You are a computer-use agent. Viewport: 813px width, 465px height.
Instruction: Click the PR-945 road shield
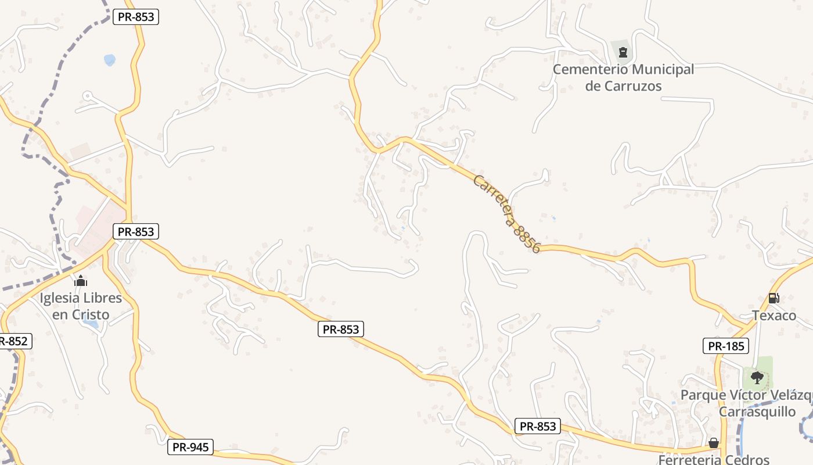[190, 447]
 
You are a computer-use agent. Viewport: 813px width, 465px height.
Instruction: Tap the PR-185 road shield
[726, 346]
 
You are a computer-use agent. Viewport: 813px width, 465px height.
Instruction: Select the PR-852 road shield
[13, 341]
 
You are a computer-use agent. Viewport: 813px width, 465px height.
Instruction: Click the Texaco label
[774, 316]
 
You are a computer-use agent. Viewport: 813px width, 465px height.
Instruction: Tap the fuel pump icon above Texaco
[774, 298]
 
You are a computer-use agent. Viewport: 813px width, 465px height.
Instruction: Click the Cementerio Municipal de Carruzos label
[623, 78]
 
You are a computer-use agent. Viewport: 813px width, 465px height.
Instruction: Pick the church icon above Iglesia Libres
[81, 281]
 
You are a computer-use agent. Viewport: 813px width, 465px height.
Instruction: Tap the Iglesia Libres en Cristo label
[81, 306]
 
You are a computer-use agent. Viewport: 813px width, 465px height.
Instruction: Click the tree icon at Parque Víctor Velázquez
[757, 378]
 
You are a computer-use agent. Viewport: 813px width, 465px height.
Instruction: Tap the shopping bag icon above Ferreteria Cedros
[714, 443]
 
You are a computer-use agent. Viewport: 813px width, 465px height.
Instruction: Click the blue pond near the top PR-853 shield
[109, 59]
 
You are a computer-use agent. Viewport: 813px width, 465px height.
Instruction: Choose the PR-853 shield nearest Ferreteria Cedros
[538, 426]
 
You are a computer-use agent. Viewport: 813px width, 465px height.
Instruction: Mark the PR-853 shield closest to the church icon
[135, 232]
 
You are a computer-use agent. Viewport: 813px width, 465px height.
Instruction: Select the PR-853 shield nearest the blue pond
[135, 17]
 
